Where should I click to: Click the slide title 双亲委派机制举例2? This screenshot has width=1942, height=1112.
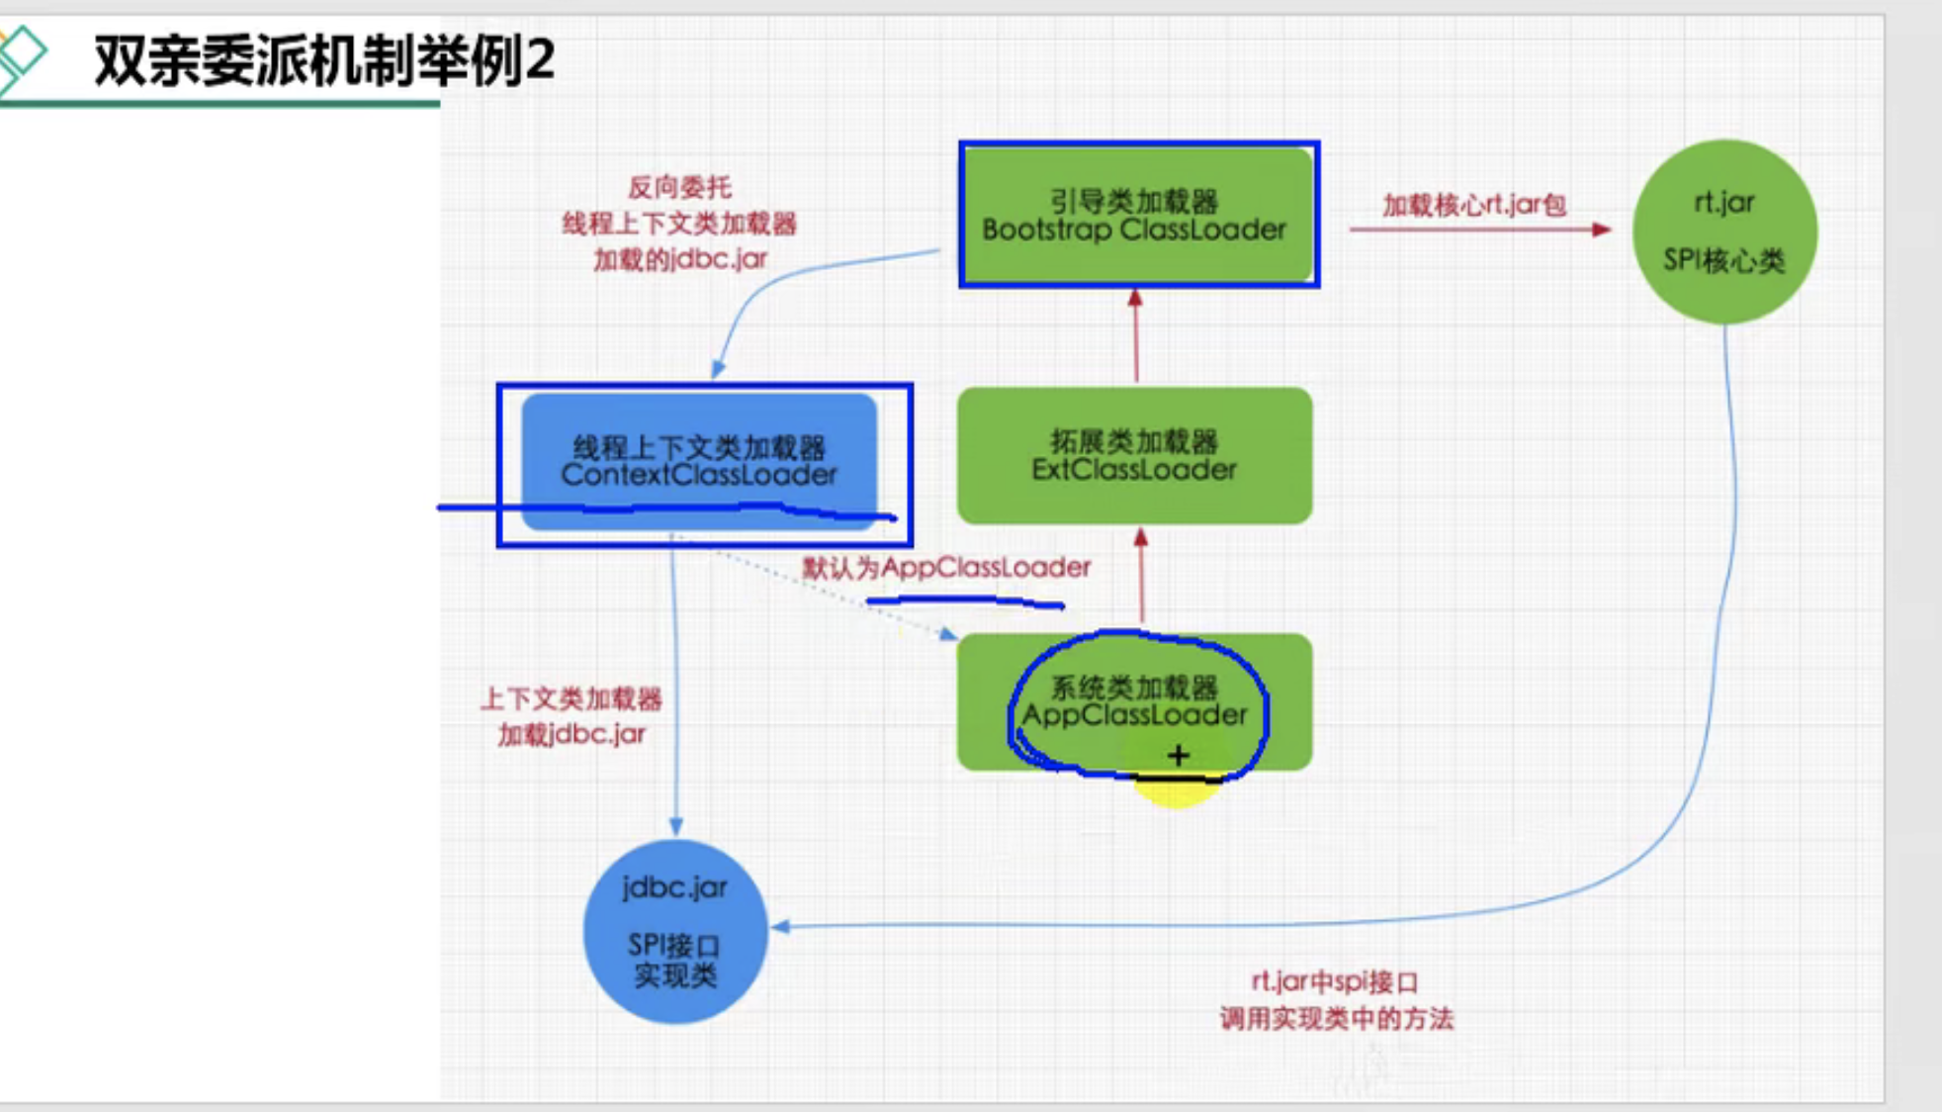tap(324, 60)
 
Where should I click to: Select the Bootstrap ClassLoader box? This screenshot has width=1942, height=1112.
tap(1137, 215)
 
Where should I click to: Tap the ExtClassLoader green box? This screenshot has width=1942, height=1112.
tap(1134, 455)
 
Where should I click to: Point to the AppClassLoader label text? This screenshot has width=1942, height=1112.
tap(1134, 714)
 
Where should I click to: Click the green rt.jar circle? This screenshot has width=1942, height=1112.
tap(1723, 232)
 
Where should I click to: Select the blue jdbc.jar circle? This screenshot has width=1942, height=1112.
tap(675, 930)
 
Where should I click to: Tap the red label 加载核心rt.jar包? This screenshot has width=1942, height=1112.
tap(1473, 205)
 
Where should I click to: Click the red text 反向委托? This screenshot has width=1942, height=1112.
tap(679, 187)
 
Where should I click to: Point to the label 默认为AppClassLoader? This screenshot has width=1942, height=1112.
tap(946, 567)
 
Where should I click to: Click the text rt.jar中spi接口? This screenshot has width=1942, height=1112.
tap(1335, 981)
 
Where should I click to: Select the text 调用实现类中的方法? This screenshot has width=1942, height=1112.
tap(1336, 1018)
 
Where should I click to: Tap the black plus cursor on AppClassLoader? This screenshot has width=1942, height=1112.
tap(1178, 756)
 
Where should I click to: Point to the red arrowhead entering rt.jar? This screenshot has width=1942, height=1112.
tap(1602, 230)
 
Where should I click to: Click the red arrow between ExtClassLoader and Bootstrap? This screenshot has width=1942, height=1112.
tap(1136, 336)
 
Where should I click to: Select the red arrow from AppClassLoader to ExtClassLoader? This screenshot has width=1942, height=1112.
tap(1141, 579)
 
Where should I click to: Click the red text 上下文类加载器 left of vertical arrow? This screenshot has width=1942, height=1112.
tap(571, 699)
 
